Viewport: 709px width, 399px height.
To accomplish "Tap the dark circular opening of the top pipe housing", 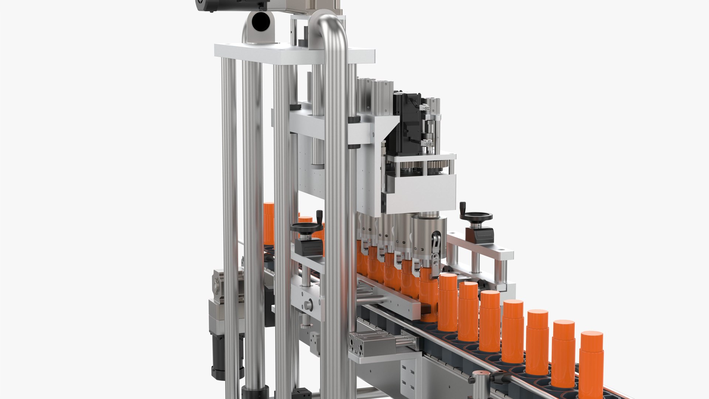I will (x=261, y=21).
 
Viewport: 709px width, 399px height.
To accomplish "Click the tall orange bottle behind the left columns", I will (x=269, y=224).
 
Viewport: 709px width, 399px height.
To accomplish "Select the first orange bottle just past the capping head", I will (x=448, y=303).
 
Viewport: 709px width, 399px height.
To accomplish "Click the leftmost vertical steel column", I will (x=230, y=222).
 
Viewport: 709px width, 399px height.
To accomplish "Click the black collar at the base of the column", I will (x=255, y=392).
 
